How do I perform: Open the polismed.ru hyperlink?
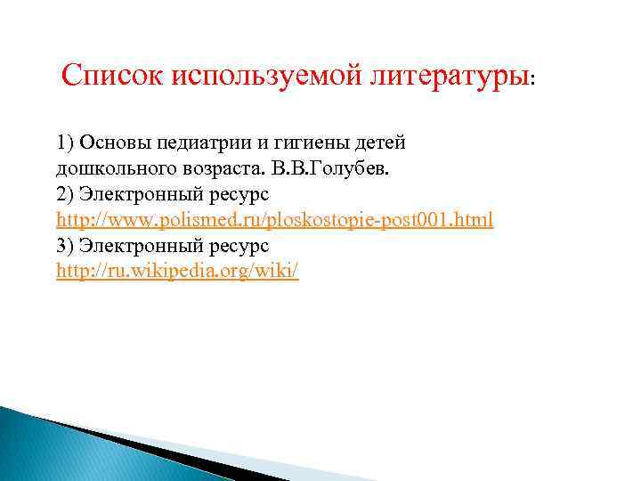pyautogui.click(x=274, y=219)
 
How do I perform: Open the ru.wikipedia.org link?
pyautogui.click(x=177, y=271)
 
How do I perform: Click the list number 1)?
pyautogui.click(x=65, y=142)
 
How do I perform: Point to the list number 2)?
pyautogui.click(x=65, y=193)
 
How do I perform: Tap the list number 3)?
pyautogui.click(x=65, y=245)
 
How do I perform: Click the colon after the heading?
pyautogui.click(x=532, y=80)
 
